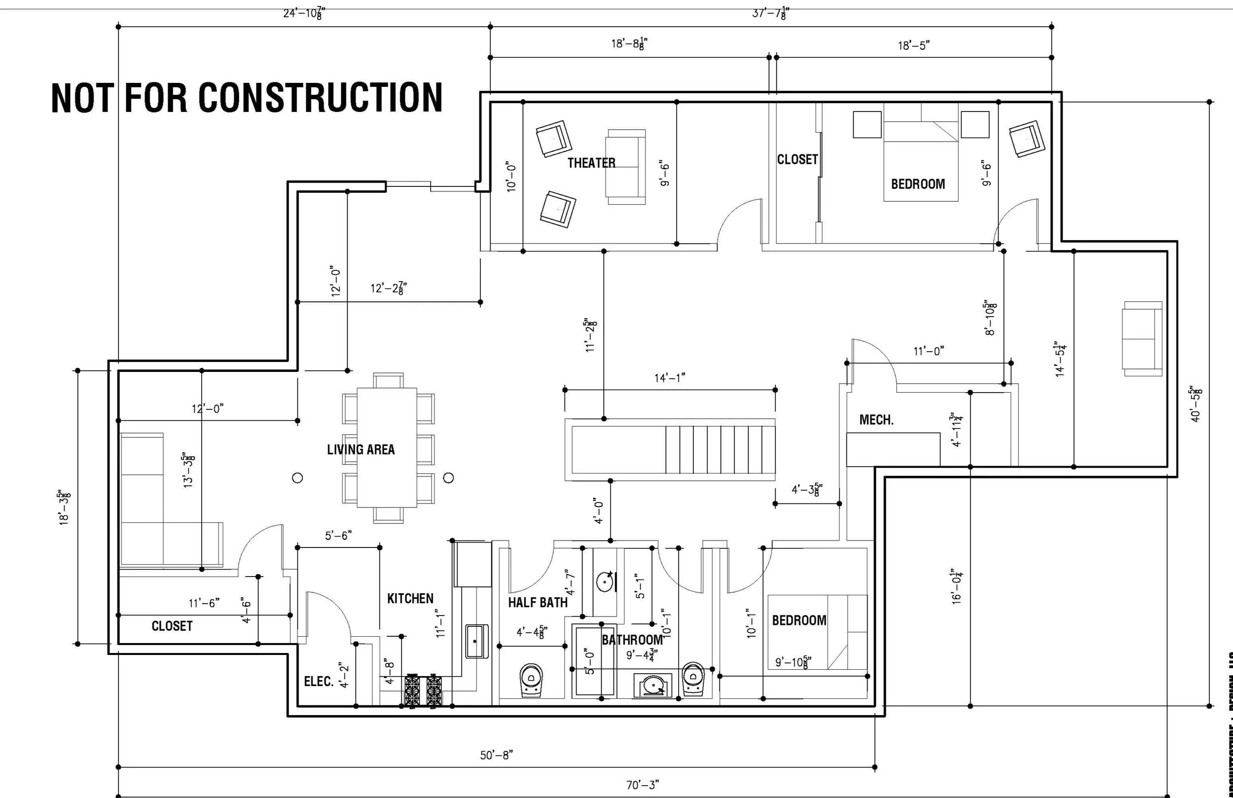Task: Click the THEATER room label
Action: [591, 163]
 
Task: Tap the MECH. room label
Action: [876, 420]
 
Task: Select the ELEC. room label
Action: [318, 682]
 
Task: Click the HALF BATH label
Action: [537, 602]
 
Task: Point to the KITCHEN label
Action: [410, 599]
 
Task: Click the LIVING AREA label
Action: [361, 449]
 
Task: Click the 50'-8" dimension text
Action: [496, 755]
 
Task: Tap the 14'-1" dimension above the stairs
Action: [669, 378]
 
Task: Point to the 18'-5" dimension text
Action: [913, 45]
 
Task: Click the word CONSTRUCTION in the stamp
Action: [320, 98]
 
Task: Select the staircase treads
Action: [720, 449]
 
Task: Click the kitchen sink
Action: [476, 641]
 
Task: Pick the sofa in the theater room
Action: [625, 167]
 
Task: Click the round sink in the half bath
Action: [605, 581]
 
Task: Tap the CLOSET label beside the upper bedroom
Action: [797, 160]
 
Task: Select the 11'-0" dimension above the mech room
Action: [928, 351]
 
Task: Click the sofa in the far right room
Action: [1142, 338]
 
